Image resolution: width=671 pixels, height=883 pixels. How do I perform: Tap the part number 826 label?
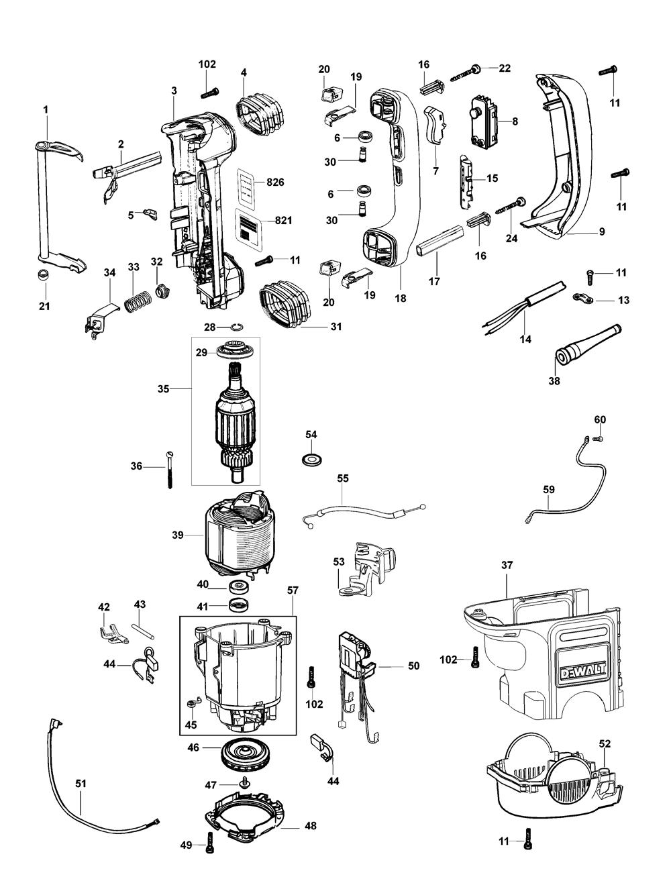pyautogui.click(x=276, y=183)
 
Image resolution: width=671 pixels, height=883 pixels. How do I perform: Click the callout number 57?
pyautogui.click(x=293, y=590)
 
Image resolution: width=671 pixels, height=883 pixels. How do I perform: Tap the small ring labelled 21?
pyautogui.click(x=42, y=276)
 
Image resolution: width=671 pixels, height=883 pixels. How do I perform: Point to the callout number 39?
pyautogui.click(x=178, y=535)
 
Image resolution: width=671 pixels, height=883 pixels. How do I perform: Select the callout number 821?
pyautogui.click(x=283, y=221)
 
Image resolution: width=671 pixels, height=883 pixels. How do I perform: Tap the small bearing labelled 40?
pyautogui.click(x=240, y=587)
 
